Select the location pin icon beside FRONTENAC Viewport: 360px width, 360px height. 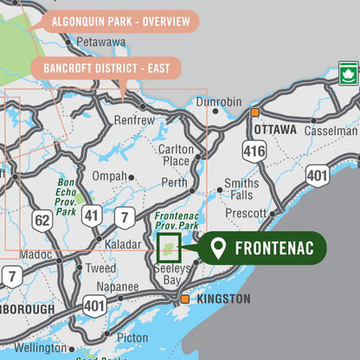(219, 249)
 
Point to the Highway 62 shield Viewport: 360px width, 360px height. (42, 222)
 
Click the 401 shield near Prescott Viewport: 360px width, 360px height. (317, 177)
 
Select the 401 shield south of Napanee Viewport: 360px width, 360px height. (94, 305)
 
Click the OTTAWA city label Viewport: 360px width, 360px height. (275, 130)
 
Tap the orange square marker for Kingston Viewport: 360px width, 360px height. (184, 299)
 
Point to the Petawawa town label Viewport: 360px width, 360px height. (100, 41)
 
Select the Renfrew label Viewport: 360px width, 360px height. (134, 120)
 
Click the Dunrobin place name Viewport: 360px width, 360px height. (218, 102)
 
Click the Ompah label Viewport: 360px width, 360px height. (110, 177)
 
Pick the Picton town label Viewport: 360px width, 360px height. (132, 337)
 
